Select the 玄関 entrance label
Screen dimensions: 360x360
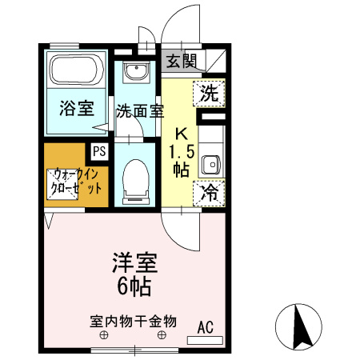pos(182,61)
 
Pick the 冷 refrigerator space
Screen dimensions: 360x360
pos(209,193)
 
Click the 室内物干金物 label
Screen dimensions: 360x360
pos(133,322)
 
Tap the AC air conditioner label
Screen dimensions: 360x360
pos(206,326)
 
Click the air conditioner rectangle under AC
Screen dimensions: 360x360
pos(206,340)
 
